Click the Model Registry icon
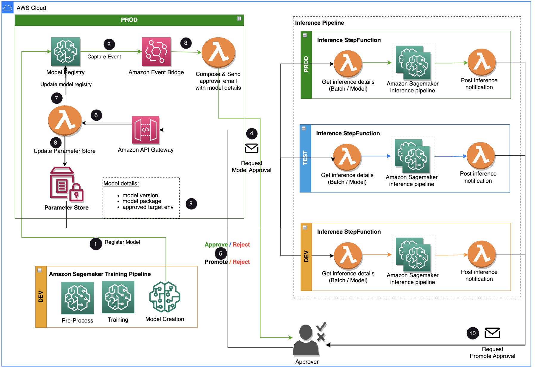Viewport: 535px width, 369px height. tap(66, 52)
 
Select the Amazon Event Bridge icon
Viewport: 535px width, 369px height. tap(156, 52)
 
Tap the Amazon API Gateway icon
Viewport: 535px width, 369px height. tap(146, 130)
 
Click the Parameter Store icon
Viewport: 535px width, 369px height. tap(67, 184)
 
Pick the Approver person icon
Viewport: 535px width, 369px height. tap(306, 340)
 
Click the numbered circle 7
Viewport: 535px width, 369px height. tap(57, 98)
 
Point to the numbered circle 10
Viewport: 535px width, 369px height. tap(473, 333)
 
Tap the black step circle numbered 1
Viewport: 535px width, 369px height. tap(95, 244)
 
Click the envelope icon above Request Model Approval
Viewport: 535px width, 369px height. tap(251, 148)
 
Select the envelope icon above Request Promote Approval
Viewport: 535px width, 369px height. tap(492, 333)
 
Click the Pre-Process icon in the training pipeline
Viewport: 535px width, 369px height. tap(78, 298)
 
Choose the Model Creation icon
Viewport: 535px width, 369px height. tap(165, 297)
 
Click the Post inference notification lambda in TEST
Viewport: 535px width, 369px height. tap(481, 156)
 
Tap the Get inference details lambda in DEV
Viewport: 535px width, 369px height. tap(348, 256)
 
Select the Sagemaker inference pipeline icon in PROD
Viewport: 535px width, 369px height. tap(413, 63)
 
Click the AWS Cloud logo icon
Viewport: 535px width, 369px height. tap(7, 7)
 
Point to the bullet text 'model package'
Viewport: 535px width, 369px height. tap(142, 201)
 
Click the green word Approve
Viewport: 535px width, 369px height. tap(216, 245)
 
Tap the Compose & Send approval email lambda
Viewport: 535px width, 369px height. tap(219, 53)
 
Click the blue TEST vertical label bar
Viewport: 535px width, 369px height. tap(305, 158)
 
